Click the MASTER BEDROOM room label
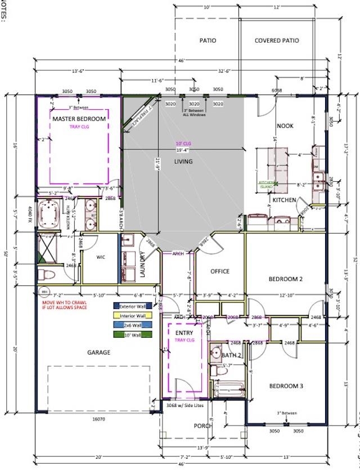tap(79, 119)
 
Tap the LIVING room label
tap(183, 162)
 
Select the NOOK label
tap(285, 126)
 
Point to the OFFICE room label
tap(220, 271)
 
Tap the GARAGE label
tap(98, 352)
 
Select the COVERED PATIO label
tap(277, 41)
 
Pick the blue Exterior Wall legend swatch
tap(116, 306)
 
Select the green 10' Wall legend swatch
tap(116, 335)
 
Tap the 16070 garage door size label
tap(98, 419)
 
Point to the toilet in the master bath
tap(46, 274)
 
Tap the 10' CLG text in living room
tap(183, 143)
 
